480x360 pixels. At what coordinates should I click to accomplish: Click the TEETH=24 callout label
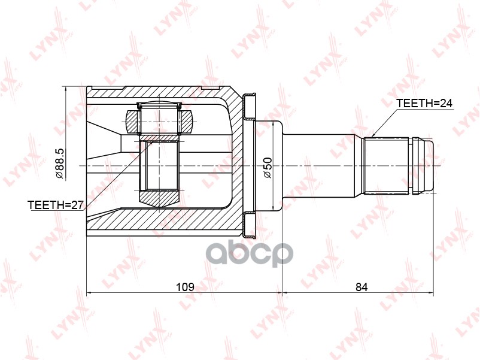[424, 104]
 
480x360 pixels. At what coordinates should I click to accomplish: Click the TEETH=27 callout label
[55, 205]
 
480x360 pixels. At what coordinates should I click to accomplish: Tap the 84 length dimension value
[361, 287]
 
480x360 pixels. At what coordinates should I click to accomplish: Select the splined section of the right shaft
[387, 165]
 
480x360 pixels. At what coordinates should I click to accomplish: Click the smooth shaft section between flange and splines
[323, 165]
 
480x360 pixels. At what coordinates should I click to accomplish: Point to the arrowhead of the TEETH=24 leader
[372, 135]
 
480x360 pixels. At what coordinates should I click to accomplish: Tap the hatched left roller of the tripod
[132, 122]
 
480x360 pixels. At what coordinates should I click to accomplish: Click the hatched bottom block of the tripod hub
[159, 196]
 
